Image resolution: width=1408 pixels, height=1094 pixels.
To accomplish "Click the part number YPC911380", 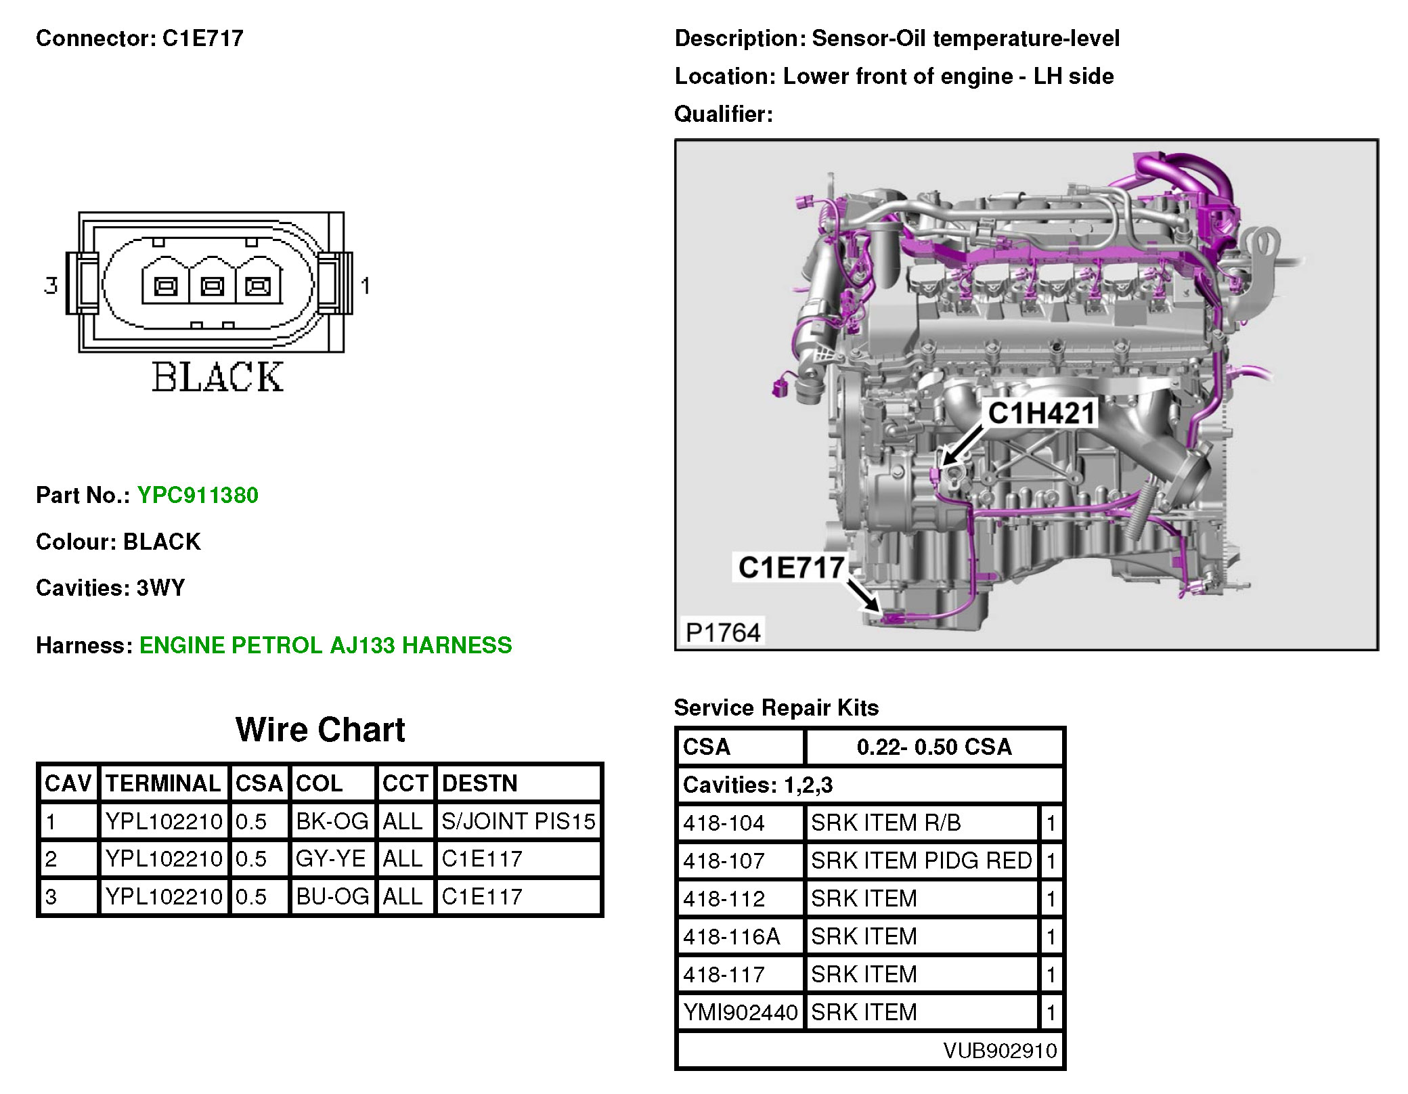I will coord(197,495).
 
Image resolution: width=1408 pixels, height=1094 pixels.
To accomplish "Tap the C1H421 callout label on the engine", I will coord(1040,413).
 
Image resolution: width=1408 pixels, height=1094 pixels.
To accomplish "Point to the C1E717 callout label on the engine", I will coord(791,567).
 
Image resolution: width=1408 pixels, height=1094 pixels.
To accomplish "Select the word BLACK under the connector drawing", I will coord(217,377).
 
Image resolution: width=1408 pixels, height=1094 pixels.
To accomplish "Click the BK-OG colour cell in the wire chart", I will coord(332,821).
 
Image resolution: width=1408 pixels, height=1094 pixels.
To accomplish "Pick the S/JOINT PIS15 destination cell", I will coord(518,821).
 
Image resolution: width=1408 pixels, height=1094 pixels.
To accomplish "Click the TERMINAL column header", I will coord(163,783).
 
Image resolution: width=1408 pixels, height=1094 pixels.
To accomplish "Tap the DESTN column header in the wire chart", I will coord(479,783).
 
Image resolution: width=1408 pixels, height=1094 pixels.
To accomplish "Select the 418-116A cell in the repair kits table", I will coord(731,936).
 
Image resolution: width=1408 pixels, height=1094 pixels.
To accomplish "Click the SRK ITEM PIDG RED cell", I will coord(921,860).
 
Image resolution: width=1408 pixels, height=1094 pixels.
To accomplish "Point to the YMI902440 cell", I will coord(740,1012).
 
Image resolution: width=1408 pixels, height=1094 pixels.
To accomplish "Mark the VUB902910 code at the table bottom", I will coord(999,1051).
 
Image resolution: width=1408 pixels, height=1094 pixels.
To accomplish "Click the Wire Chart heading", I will coord(320,730).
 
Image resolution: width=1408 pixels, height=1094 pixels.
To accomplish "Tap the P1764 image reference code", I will coord(722,632).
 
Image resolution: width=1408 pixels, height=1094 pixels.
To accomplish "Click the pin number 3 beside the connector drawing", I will coord(51,285).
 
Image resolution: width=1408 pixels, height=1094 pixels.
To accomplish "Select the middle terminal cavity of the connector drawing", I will coord(212,286).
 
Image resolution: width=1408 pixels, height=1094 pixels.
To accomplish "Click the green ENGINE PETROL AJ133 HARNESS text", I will coord(326,645).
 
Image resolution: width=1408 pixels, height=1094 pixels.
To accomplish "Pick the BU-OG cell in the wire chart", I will coord(332,896).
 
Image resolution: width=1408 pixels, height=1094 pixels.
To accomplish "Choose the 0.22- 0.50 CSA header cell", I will coord(933,747).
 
